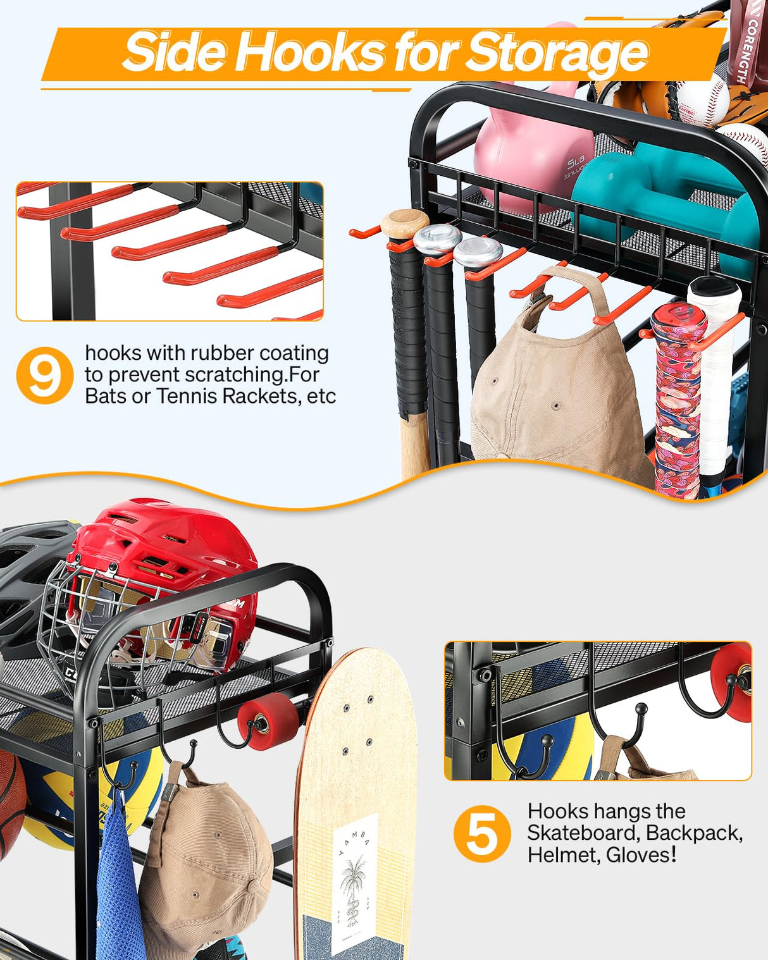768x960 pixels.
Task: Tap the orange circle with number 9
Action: (x=45, y=376)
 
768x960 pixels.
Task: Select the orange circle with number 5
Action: (x=482, y=834)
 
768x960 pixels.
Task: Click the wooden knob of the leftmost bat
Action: (x=405, y=223)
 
